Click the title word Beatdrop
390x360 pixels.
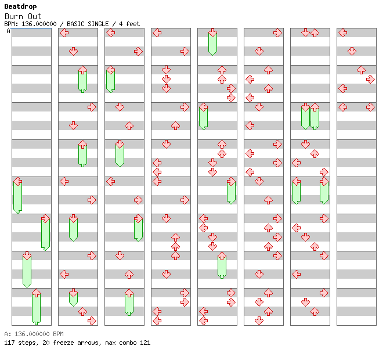pyautogui.click(x=20, y=6)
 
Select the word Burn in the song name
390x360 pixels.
pyautogui.click(x=13, y=16)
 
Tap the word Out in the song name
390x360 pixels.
pyautogui.click(x=34, y=16)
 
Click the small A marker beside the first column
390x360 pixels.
pyautogui.click(x=8, y=31)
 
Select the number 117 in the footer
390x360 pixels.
pyautogui.click(x=9, y=343)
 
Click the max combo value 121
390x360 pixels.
pyautogui.click(x=145, y=343)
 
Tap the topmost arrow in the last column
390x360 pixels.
pyautogui.click(x=342, y=33)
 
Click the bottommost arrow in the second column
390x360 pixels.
pyautogui.click(x=92, y=321)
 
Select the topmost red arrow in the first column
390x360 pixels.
pyautogui.click(x=17, y=181)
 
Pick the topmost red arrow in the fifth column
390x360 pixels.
pyautogui.click(x=212, y=33)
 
